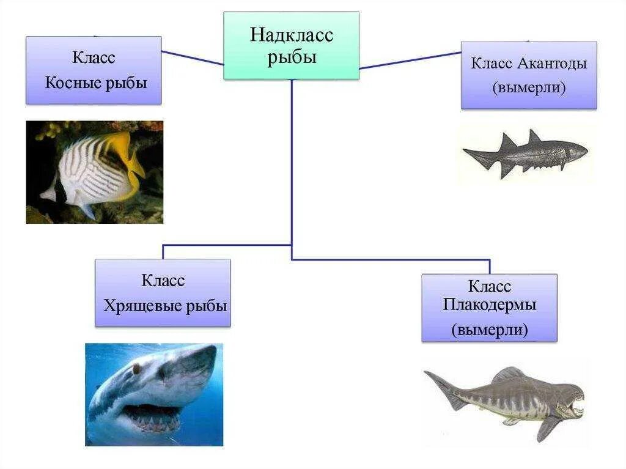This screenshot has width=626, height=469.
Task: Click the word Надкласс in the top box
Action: tap(291, 35)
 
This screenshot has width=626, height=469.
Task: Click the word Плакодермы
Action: tap(489, 305)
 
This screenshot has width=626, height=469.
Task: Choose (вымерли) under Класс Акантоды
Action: tap(529, 87)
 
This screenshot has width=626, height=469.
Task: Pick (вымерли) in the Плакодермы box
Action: tap(489, 330)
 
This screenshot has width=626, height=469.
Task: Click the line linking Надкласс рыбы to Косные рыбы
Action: tap(192, 57)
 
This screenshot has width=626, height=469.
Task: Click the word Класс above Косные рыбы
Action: tap(94, 58)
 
